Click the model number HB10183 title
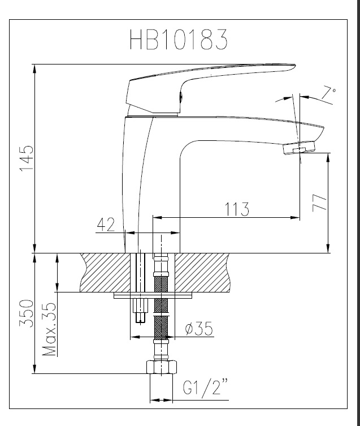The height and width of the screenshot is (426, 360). click(179, 39)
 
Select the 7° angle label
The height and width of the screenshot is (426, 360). click(328, 94)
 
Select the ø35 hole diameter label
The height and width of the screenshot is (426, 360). click(199, 328)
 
